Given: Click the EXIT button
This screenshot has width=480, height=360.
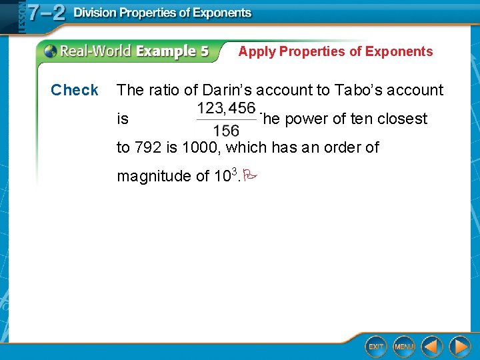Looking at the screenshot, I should point(376,346).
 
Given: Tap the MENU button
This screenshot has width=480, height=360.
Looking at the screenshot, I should point(404,346).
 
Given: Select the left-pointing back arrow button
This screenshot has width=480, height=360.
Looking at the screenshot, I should point(431,346).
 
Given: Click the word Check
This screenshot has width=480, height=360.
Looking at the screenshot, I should point(75,90).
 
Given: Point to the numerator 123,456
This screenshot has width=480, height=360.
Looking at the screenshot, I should point(226,108).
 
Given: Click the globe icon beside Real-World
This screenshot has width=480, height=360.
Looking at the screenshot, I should point(51,51).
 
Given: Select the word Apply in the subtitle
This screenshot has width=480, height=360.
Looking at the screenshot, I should point(257,51).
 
